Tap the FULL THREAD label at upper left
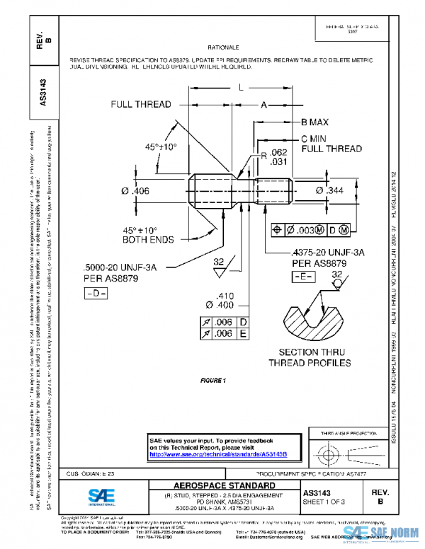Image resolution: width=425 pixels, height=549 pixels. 140,105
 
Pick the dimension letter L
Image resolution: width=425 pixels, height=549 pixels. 241,87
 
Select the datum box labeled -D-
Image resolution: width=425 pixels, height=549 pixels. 95,293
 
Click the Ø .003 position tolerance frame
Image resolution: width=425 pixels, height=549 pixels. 310,230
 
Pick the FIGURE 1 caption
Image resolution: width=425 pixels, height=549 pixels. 212,381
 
